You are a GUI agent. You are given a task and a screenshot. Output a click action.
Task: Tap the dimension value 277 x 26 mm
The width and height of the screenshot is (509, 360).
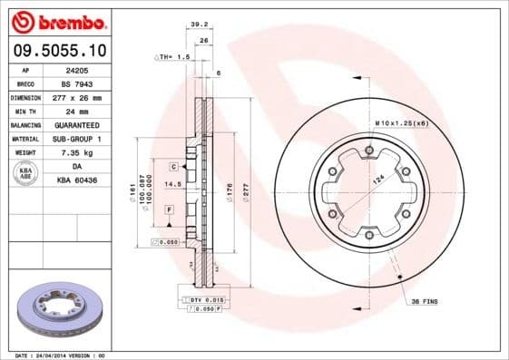pos(75,96)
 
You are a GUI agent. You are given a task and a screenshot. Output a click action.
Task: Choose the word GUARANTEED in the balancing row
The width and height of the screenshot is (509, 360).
pos(75,123)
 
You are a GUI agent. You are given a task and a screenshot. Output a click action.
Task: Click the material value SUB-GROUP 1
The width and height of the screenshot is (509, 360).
pos(75,138)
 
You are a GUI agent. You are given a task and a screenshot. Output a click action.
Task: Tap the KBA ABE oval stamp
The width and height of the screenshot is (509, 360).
pos(24,173)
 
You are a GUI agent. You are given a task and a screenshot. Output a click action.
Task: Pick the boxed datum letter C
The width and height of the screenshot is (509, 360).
pos(172,168)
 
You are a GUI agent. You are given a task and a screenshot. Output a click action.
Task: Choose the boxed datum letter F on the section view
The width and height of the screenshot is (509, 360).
pos(170,209)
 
